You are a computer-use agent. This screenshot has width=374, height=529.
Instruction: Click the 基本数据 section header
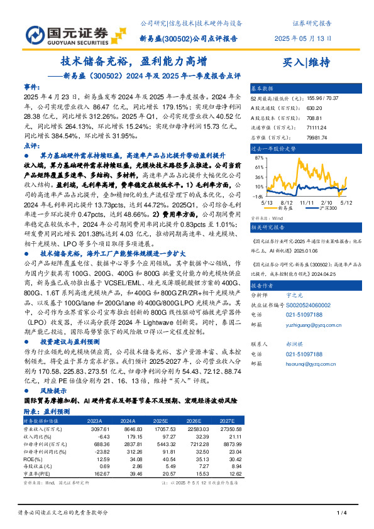[263, 89]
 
